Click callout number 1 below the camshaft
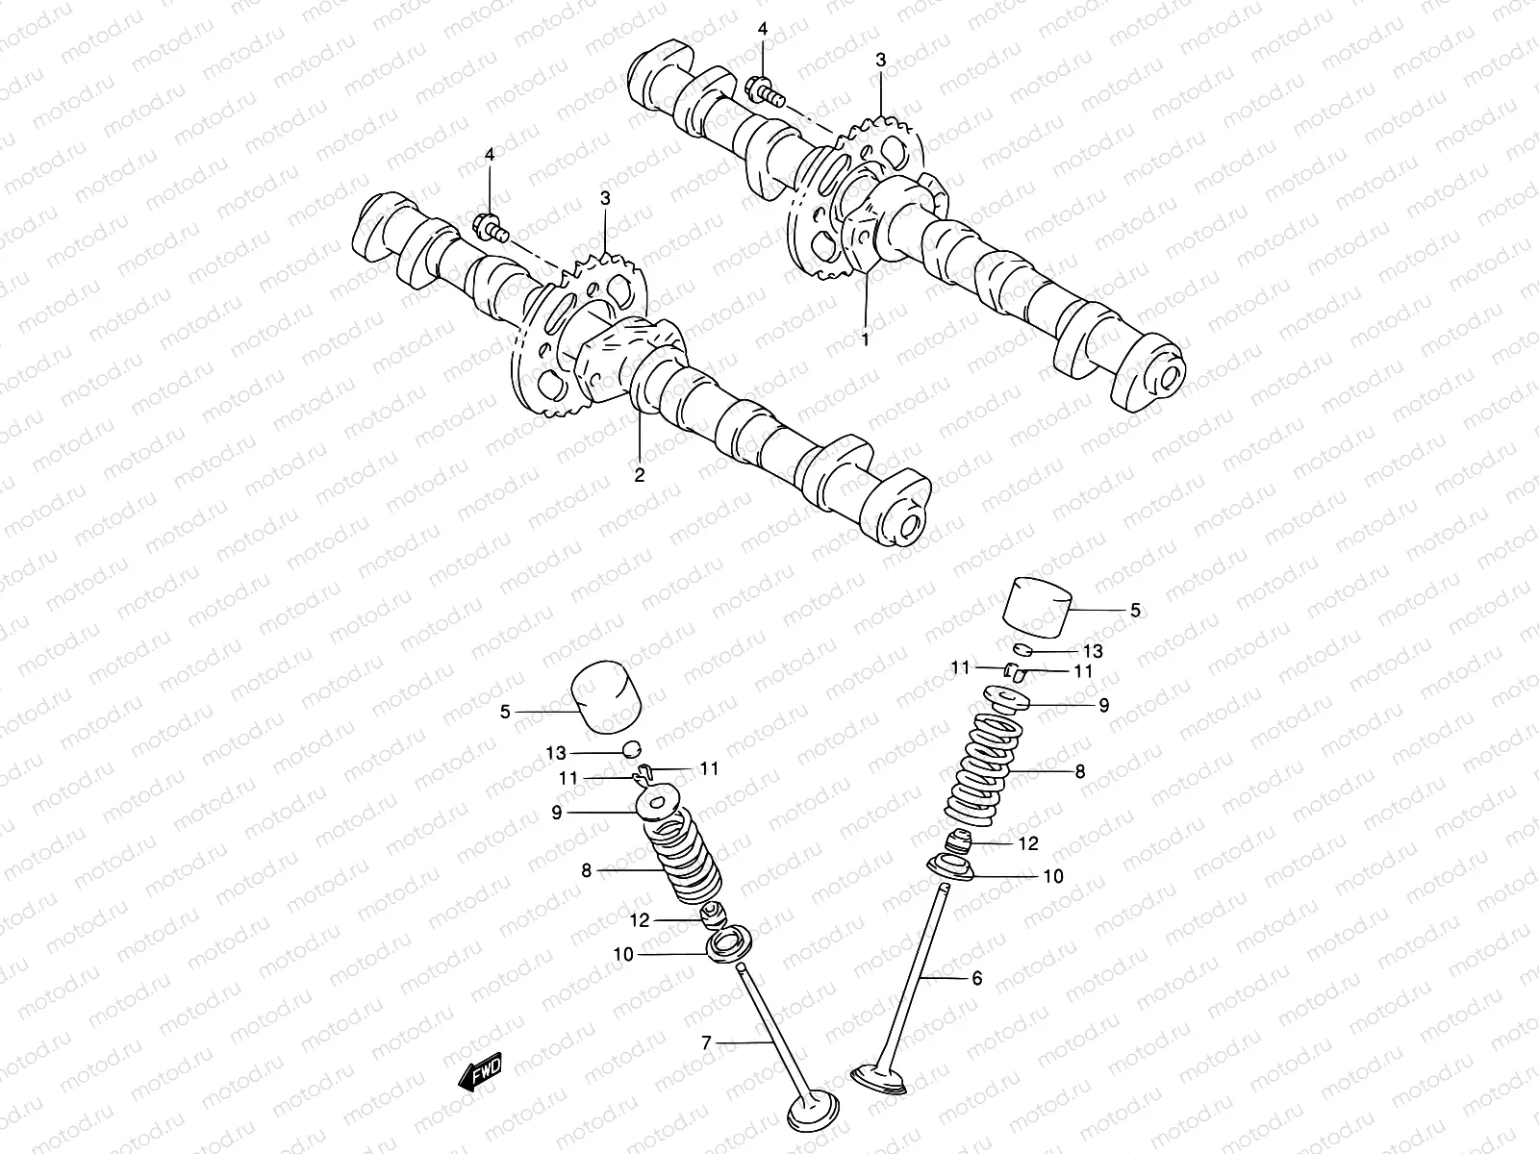coord(865,339)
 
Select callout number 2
coord(639,473)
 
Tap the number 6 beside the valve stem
coord(977,978)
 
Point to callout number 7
coord(706,1041)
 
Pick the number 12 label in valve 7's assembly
coord(639,920)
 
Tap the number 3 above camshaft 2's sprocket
coord(605,199)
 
